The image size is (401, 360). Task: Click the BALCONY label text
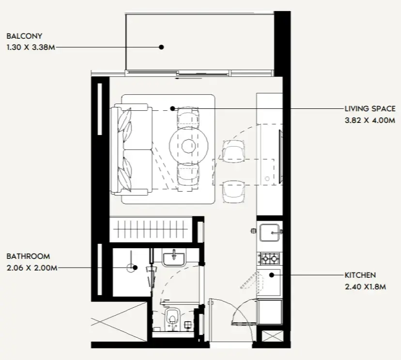[24, 36]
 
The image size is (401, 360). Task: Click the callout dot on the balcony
[162, 47]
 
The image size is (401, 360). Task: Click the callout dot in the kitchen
[272, 275]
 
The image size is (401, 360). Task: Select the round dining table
[188, 145]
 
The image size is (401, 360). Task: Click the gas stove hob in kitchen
[270, 259]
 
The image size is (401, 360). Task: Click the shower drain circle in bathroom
[131, 268]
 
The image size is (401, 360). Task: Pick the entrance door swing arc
[242, 315]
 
